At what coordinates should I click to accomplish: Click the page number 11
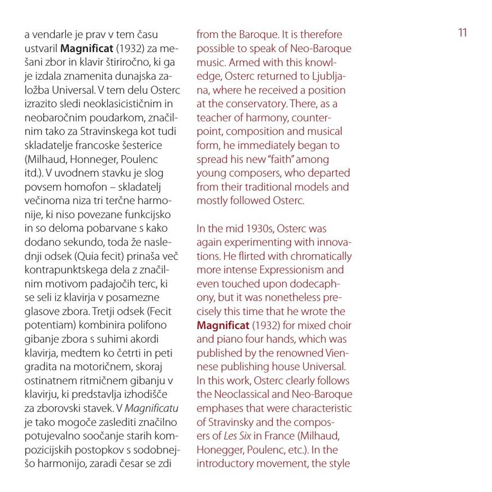click(462, 33)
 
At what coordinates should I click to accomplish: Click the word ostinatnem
click(48, 380)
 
